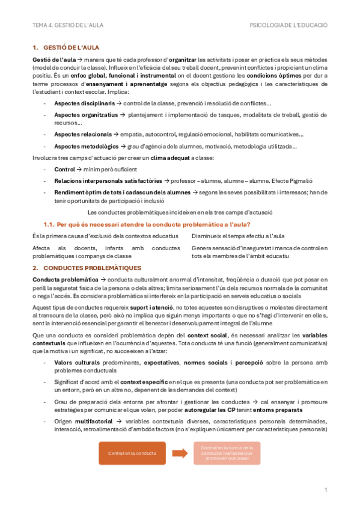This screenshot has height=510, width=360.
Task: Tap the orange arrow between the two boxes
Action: (x=180, y=453)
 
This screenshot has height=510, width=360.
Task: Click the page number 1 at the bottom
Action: (x=325, y=490)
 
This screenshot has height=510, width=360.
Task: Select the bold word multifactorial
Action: (x=93, y=421)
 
